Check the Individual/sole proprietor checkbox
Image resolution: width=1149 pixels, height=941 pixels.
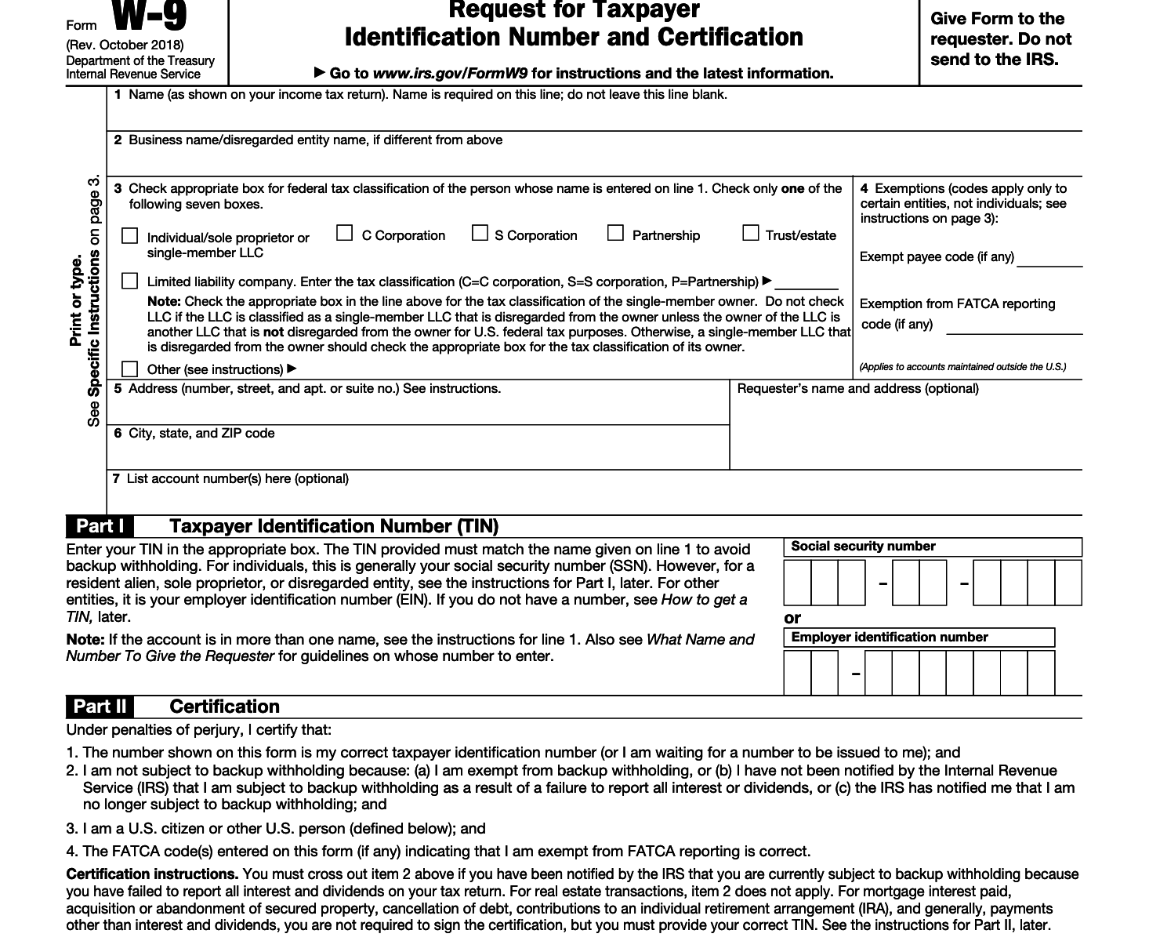tap(130, 236)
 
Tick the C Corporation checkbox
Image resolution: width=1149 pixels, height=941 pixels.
tap(344, 233)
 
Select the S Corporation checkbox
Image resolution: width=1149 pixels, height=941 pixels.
tap(480, 233)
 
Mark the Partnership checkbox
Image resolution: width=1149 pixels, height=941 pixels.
tap(616, 233)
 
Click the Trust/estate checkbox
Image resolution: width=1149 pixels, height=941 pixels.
tap(751, 233)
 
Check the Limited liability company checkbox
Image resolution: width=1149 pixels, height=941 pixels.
tap(130, 281)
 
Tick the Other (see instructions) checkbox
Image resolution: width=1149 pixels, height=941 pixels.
tap(130, 369)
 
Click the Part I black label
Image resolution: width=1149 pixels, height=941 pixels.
tap(100, 526)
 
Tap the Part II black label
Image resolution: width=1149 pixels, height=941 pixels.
tap(100, 707)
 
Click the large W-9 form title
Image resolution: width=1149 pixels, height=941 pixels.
tap(148, 17)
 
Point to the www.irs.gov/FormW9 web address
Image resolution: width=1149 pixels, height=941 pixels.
tap(451, 74)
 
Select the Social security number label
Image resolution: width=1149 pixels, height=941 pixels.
tap(863, 547)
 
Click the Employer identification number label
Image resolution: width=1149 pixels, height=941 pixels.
tap(889, 638)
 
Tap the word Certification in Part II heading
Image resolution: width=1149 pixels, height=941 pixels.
tap(224, 707)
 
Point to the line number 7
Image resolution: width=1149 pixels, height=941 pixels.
tap(116, 478)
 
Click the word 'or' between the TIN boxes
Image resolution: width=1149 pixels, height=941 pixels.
tap(792, 618)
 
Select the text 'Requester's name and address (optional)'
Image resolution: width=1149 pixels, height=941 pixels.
tap(857, 389)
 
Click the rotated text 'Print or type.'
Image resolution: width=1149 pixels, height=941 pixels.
tap(76, 300)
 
